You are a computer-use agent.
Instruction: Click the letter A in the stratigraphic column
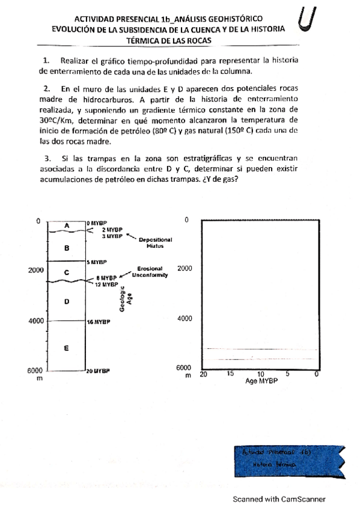tap(67, 225)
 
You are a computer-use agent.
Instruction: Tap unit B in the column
tap(67, 247)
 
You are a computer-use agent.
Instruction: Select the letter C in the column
tap(67, 272)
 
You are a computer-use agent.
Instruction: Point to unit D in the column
tap(67, 301)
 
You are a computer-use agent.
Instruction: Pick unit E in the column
tap(67, 348)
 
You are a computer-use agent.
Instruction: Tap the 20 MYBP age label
tap(99, 371)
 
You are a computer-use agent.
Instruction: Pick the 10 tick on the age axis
tap(261, 374)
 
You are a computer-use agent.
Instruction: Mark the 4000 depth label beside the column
tap(37, 321)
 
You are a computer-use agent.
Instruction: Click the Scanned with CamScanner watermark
tap(279, 499)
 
